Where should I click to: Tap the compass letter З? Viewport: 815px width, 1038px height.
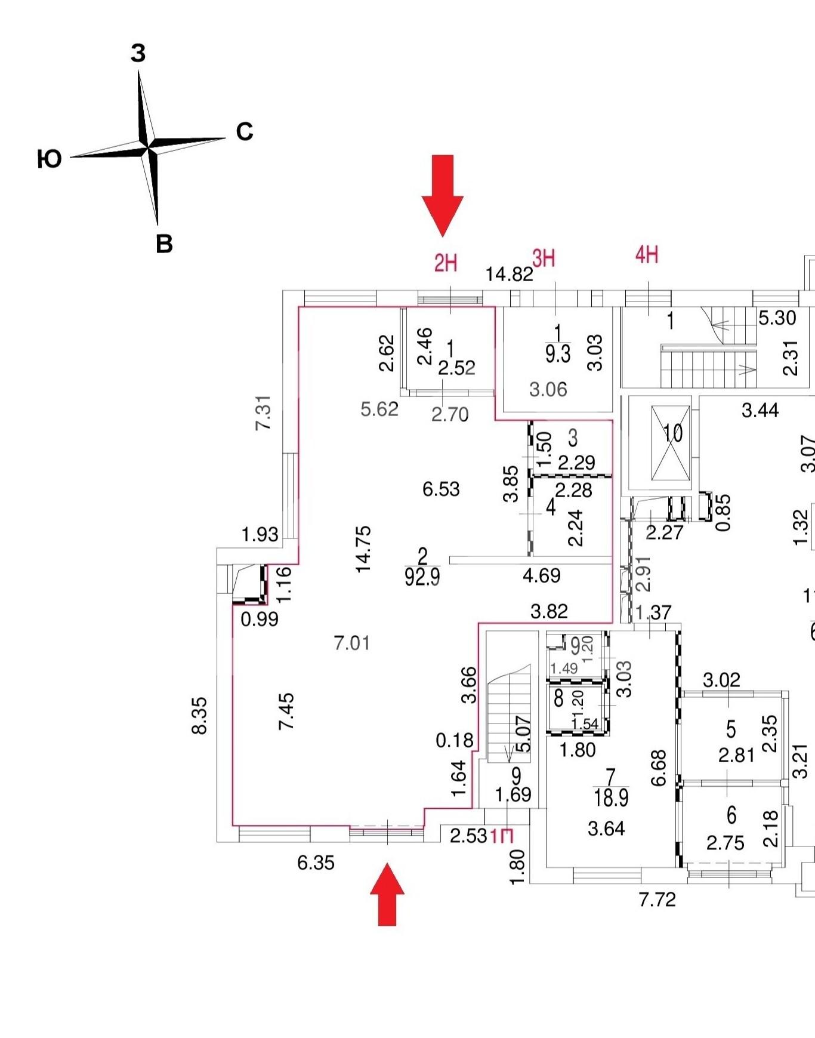pyautogui.click(x=138, y=54)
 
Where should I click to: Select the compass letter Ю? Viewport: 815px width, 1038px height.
pyautogui.click(x=50, y=159)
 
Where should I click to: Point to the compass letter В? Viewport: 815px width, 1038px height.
pyautogui.click(x=164, y=244)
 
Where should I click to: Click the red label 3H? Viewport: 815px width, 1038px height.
pyautogui.click(x=544, y=258)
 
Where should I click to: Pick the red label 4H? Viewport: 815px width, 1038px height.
pyautogui.click(x=647, y=255)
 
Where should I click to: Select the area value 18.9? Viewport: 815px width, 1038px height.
pyautogui.click(x=611, y=797)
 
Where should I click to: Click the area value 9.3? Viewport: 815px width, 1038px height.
pyautogui.click(x=558, y=354)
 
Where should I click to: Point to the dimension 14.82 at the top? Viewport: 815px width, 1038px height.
pyautogui.click(x=509, y=274)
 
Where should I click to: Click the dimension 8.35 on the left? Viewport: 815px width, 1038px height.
pyautogui.click(x=199, y=716)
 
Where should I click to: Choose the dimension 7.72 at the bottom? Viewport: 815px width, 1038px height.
pyautogui.click(x=657, y=899)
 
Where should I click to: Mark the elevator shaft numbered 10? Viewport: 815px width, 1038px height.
pyautogui.click(x=672, y=443)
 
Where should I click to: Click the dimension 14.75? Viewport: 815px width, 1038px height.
pyautogui.click(x=363, y=549)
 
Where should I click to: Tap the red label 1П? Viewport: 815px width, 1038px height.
pyautogui.click(x=502, y=836)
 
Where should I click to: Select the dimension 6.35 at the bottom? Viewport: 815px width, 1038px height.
pyautogui.click(x=316, y=863)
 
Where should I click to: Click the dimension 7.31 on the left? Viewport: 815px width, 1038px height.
pyautogui.click(x=263, y=412)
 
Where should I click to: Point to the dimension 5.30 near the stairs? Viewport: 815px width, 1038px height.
pyautogui.click(x=777, y=318)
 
